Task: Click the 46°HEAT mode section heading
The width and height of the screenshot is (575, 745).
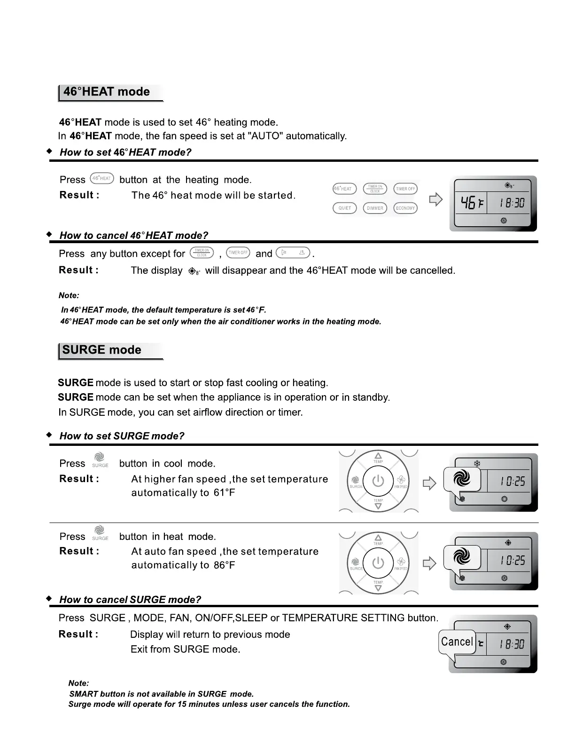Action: tap(107, 92)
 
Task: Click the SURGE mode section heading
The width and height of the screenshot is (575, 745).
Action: tap(102, 350)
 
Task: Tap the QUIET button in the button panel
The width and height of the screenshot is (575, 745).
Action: tap(345, 208)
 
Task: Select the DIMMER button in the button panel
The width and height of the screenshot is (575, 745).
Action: tap(375, 208)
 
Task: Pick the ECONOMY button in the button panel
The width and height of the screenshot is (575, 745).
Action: tap(405, 208)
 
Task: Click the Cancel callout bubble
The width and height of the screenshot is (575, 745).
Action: tap(457, 642)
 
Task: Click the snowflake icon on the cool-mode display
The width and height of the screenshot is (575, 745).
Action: tap(477, 464)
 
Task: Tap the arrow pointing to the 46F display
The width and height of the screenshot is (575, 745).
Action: tap(436, 199)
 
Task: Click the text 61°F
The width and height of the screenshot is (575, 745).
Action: tap(224, 493)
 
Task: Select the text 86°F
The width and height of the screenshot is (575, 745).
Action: tap(224, 565)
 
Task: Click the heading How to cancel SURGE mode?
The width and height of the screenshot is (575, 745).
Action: tap(130, 600)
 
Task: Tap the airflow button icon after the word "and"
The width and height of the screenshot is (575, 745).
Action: tap(293, 253)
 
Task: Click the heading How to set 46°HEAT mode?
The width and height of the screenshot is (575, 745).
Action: tap(125, 152)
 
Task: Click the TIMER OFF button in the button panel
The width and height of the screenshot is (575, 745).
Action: tap(405, 189)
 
